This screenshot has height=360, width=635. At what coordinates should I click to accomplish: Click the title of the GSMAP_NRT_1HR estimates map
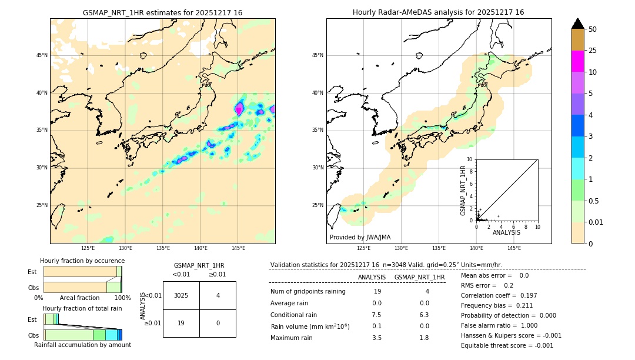[162, 12]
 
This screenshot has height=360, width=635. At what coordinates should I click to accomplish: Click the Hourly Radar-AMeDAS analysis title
[438, 12]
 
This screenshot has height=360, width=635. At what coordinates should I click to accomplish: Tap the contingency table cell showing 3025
[181, 295]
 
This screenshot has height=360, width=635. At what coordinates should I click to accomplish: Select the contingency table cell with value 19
[181, 323]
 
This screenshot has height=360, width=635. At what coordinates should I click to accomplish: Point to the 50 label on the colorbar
[593, 29]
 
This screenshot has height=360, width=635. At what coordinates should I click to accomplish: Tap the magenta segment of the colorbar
[577, 61]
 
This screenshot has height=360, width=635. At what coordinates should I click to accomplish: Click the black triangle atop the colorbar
[577, 24]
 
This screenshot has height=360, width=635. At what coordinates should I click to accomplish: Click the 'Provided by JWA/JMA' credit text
[360, 238]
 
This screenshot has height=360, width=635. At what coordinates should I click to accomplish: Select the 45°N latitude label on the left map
[42, 55]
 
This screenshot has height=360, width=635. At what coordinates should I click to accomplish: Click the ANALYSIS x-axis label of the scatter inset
[506, 232]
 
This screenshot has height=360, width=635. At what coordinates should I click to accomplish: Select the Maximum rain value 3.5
[377, 338]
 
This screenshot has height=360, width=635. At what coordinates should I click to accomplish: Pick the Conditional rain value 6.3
[424, 315]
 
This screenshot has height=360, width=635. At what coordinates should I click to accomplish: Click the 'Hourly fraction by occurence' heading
[82, 261]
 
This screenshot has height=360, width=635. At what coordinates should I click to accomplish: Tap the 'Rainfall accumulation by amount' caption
[82, 345]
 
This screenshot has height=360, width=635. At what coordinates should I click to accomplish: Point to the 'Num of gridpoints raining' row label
[308, 291]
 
